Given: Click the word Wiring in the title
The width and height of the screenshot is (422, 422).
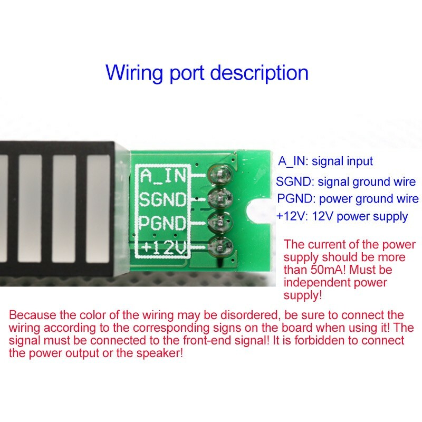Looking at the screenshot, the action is pos(135,73).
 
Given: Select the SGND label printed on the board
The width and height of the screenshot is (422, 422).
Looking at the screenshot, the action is pos(163,199).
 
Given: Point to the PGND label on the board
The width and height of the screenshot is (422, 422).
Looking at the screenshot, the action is pos(162,223).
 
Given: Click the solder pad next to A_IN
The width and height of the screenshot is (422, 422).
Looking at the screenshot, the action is pos(219,175).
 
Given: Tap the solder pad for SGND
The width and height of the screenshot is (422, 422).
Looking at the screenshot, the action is pos(219,199).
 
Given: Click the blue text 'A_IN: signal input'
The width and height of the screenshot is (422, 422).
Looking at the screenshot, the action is pos(325,161).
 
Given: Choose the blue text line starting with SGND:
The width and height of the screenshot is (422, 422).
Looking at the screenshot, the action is pos(346,182).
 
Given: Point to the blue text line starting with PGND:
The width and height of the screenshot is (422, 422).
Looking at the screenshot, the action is pos(348,199).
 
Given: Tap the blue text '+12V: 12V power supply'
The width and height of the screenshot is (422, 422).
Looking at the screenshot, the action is pos(342,217).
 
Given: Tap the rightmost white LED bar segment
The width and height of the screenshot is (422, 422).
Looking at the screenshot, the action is pos(98,208).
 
